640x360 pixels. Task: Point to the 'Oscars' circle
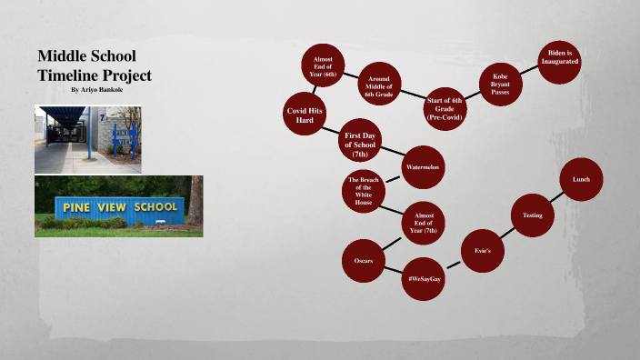pos(364,262)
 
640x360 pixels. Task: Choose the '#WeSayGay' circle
pos(424,278)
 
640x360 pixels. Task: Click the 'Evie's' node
pos(482,248)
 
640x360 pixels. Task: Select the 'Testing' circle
pos(532,215)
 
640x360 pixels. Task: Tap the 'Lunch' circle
pos(581,180)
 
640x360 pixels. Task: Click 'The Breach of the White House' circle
pos(363,191)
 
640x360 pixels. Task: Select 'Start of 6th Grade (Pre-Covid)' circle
pos(445,108)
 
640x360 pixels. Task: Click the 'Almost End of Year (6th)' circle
pos(323,65)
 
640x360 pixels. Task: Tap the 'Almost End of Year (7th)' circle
pos(423,221)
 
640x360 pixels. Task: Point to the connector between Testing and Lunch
pos(556,197)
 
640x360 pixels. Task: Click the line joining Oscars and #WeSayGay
pos(394,270)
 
